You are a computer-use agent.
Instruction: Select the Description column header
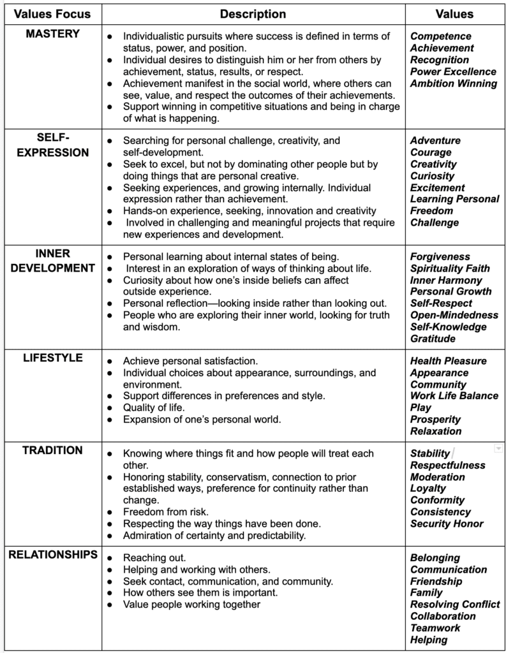[x=253, y=14]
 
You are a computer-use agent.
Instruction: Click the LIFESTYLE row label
[x=53, y=358]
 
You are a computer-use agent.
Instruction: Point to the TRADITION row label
[x=53, y=450]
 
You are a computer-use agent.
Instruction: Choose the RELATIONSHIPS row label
[x=53, y=555]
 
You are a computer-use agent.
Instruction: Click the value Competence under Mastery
[x=441, y=36]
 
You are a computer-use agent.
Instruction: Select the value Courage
[x=431, y=152]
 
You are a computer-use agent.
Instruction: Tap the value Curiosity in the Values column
[x=433, y=176]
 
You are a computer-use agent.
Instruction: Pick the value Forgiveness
[x=440, y=257]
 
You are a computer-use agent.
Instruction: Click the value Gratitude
[x=433, y=339]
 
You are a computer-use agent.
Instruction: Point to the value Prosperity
[x=436, y=420]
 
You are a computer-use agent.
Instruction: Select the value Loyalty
[x=428, y=488]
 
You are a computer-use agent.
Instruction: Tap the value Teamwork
[x=435, y=628]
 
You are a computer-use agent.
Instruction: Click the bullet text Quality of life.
[x=155, y=407]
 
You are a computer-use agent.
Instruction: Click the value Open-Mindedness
[x=454, y=315]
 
